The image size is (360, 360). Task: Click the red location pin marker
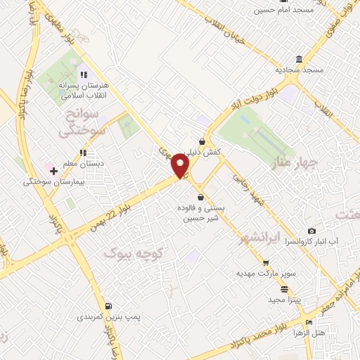(x=181, y=166)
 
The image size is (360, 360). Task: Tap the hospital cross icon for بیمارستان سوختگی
(x=53, y=170)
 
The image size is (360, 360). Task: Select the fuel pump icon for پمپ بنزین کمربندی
(x=108, y=306)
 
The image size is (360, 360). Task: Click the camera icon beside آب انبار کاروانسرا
(x=312, y=231)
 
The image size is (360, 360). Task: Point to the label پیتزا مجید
(x=284, y=300)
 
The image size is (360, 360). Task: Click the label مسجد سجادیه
(x=300, y=70)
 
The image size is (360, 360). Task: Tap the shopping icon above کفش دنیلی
(x=202, y=141)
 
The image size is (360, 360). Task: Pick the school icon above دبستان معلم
(x=83, y=152)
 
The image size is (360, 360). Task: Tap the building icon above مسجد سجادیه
(x=300, y=59)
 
